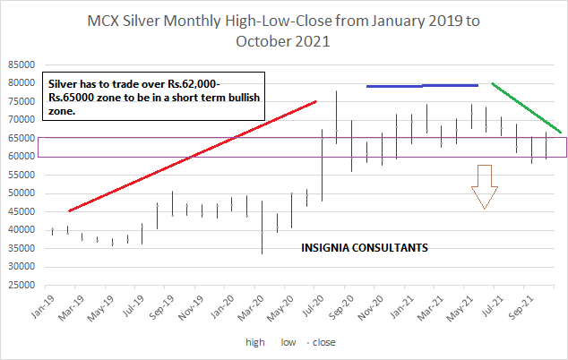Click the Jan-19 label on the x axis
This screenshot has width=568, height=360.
coord(43,304)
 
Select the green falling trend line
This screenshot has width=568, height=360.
coord(527,108)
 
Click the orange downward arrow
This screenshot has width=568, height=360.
coord(485,185)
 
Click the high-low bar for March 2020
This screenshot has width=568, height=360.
coord(262,227)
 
